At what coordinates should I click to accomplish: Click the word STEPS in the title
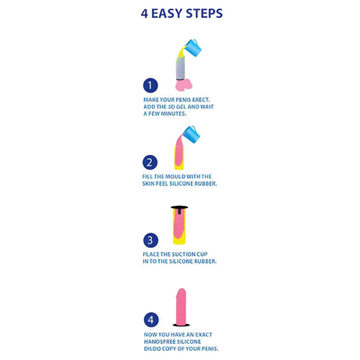[x=204, y=13]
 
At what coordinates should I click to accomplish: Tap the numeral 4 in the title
[x=145, y=13]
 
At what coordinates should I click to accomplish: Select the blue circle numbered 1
[x=150, y=85]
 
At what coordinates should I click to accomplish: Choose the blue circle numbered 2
[x=150, y=162]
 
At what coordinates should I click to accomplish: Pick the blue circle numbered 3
[x=150, y=240]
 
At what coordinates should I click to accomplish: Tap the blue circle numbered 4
[x=151, y=319]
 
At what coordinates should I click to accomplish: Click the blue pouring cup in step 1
[x=193, y=48]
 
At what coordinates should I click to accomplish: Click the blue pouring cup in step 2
[x=192, y=135]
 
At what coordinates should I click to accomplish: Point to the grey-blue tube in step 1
[x=181, y=68]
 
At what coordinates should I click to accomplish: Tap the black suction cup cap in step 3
[x=179, y=208]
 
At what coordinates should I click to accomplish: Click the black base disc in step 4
[x=182, y=325]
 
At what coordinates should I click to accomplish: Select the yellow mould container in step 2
[x=179, y=158]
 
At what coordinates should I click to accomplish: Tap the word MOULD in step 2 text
[x=175, y=177]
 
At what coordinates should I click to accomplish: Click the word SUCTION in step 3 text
[x=182, y=254]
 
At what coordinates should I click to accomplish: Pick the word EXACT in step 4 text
[x=203, y=335]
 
